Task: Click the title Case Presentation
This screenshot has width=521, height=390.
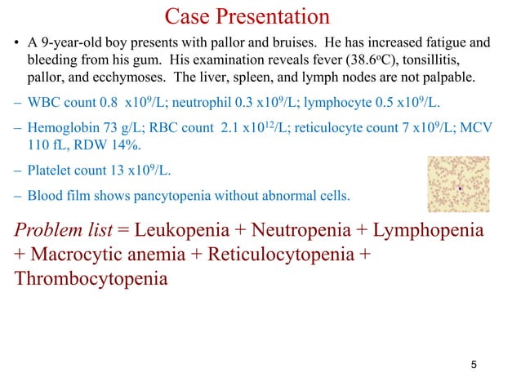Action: (x=247, y=16)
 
